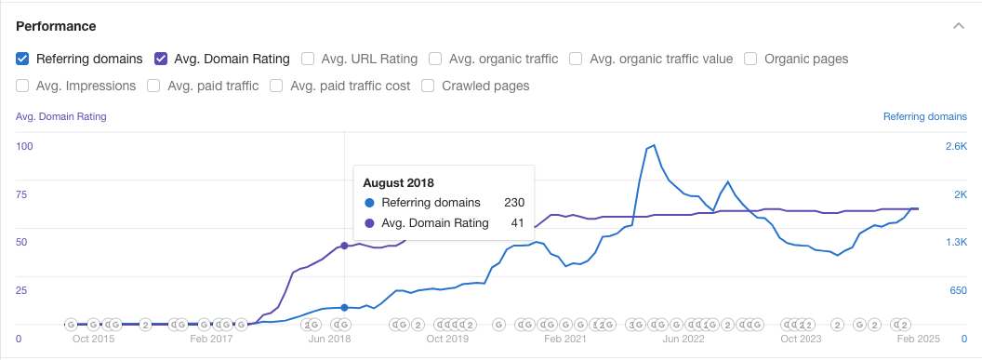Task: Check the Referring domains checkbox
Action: pos(22,59)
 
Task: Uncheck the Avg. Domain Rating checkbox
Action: pos(161,59)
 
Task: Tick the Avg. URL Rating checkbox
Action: pos(308,59)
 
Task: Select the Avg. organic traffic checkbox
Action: pos(435,59)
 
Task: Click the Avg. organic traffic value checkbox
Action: pos(576,59)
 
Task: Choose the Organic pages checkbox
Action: pos(750,59)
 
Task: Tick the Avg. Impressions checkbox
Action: pos(22,86)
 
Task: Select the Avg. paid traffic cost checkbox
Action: pos(276,86)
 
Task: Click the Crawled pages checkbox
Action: pos(428,86)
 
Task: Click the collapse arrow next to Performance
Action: pos(958,26)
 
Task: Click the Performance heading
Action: pos(56,26)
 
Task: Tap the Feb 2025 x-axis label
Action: pos(920,340)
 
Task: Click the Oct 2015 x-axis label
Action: pos(94,340)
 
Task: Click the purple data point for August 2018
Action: pos(345,246)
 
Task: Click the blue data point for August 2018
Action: pos(345,307)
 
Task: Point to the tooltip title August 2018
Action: pos(398,182)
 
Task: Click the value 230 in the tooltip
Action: pos(514,203)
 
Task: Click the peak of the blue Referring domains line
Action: pos(655,145)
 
